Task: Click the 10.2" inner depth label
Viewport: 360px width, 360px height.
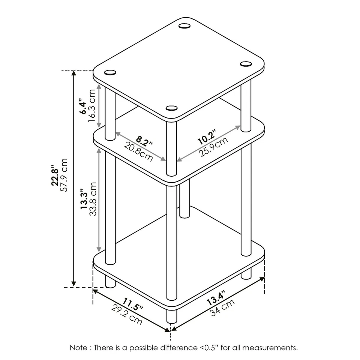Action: [x=207, y=137]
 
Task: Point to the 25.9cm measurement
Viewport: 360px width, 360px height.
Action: [x=213, y=147]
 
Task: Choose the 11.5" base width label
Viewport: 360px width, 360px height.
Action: [x=132, y=304]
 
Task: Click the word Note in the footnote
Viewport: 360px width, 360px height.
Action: [x=78, y=348]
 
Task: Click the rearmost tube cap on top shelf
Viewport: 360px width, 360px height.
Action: [x=184, y=26]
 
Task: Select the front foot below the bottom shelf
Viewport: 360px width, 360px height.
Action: [x=171, y=316]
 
